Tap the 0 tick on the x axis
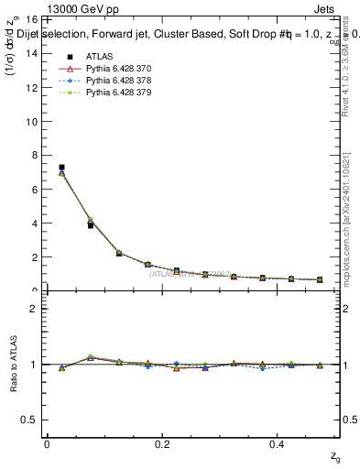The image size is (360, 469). tap(47, 443)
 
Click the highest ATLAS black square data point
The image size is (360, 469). tap(61, 168)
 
